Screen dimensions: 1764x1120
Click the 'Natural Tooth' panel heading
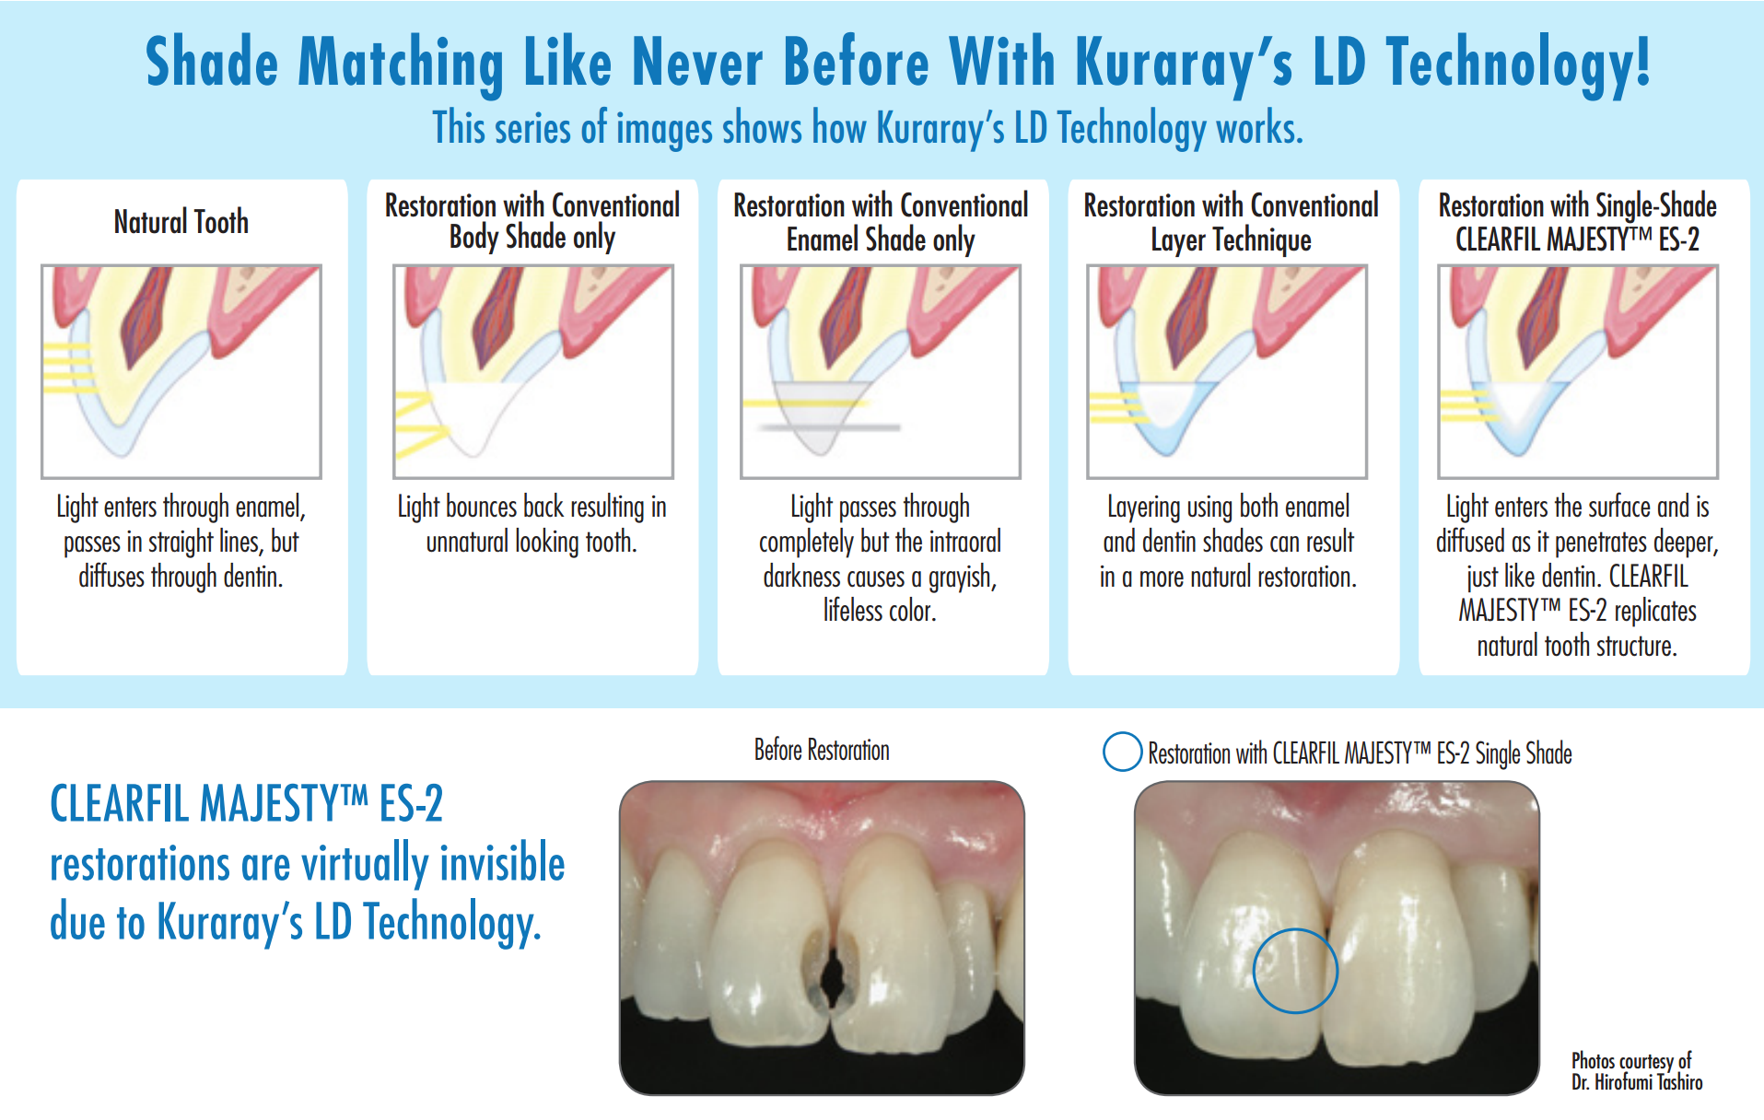[181, 222]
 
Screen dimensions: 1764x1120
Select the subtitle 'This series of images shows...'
[868, 128]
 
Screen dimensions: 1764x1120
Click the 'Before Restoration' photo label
[822, 751]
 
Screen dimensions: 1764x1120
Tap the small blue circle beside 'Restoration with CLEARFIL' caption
[1122, 752]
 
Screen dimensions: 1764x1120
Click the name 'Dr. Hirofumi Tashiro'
[1637, 1082]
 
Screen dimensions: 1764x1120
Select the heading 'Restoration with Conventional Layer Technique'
[1231, 222]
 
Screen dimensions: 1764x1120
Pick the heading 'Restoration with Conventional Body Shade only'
[532, 221]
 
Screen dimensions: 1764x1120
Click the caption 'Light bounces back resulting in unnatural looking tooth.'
[532, 524]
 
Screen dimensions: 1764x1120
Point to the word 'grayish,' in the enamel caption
[963, 577]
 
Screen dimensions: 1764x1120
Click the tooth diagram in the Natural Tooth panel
[181, 372]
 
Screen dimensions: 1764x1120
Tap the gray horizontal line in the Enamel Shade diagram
[828, 427]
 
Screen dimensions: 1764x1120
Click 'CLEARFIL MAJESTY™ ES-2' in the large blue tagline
[247, 803]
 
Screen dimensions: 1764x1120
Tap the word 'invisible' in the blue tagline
[502, 863]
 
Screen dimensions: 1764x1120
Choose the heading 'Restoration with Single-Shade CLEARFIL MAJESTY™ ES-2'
[1578, 222]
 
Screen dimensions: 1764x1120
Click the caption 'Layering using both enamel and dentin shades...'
[1229, 542]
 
